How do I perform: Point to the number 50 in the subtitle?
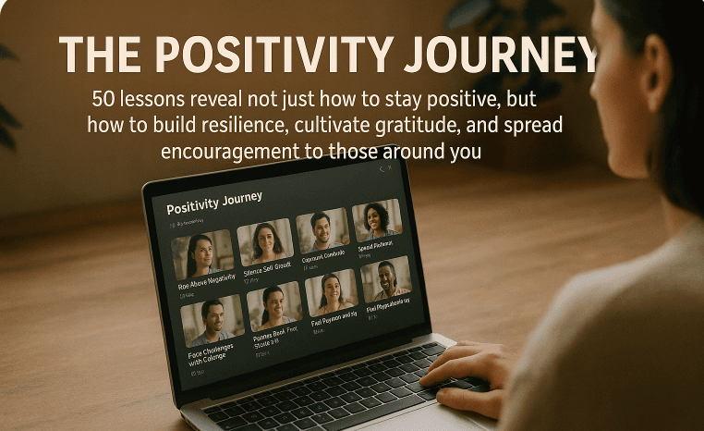pyautogui.click(x=103, y=99)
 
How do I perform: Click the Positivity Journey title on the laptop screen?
pyautogui.click(x=214, y=200)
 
